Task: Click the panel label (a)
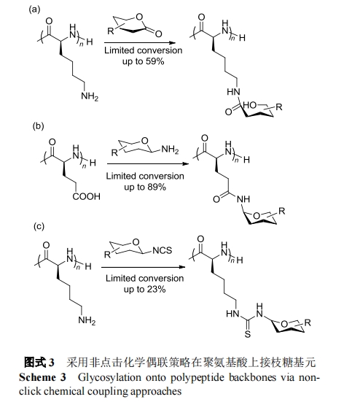(34, 9)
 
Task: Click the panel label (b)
(38, 126)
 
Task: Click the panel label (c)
(39, 226)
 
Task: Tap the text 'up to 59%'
(143, 61)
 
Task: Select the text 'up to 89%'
(145, 188)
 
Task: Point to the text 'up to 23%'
(145, 289)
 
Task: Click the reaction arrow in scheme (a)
(140, 43)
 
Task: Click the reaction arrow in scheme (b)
(148, 163)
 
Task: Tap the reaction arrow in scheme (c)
(143, 267)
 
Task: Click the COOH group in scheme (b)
(86, 197)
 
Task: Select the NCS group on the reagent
(162, 250)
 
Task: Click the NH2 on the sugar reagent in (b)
(170, 150)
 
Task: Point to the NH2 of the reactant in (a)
(90, 96)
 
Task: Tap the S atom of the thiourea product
(247, 334)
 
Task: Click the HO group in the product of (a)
(250, 105)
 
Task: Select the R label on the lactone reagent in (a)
(110, 31)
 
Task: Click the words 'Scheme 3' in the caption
(42, 377)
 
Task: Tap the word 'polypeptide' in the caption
(197, 378)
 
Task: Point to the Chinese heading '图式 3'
(39, 363)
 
